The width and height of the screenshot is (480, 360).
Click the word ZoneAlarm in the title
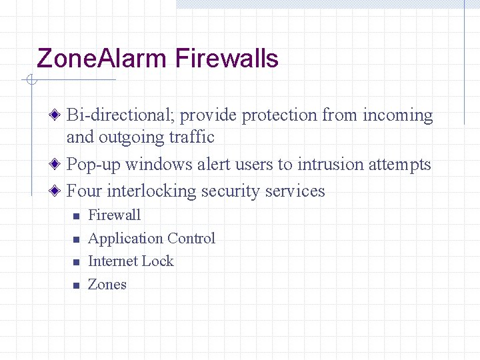coord(102,59)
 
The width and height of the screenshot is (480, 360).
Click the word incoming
coord(397,115)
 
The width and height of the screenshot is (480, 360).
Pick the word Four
coord(85,191)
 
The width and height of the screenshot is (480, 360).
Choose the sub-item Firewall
coord(114,215)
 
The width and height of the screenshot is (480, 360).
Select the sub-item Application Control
coord(151,239)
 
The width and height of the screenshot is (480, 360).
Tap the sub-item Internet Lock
coord(131,261)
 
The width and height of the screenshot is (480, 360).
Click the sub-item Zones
coord(107,285)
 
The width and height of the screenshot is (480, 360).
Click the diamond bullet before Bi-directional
coord(59,116)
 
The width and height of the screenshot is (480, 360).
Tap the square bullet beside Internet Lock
coord(76,263)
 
